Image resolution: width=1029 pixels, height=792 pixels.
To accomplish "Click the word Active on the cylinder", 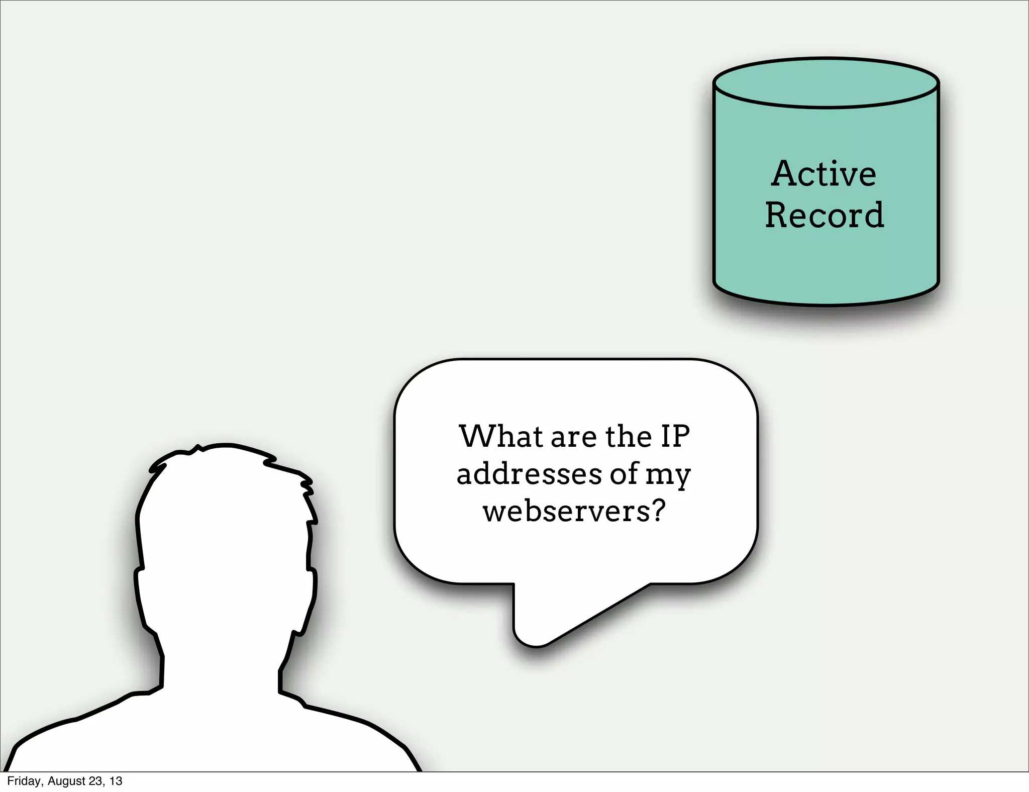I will (x=824, y=174).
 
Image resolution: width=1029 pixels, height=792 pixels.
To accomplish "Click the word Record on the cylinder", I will (x=824, y=215).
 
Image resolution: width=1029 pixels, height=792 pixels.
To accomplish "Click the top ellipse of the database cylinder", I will (x=826, y=83).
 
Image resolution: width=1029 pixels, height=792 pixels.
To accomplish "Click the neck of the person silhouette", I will (x=221, y=668).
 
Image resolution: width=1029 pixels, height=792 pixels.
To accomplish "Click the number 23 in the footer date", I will (x=95, y=781).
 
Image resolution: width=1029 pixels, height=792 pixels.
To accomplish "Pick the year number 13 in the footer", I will (x=116, y=781).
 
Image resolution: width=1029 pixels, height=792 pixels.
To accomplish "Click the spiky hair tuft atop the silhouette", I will (x=198, y=448).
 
